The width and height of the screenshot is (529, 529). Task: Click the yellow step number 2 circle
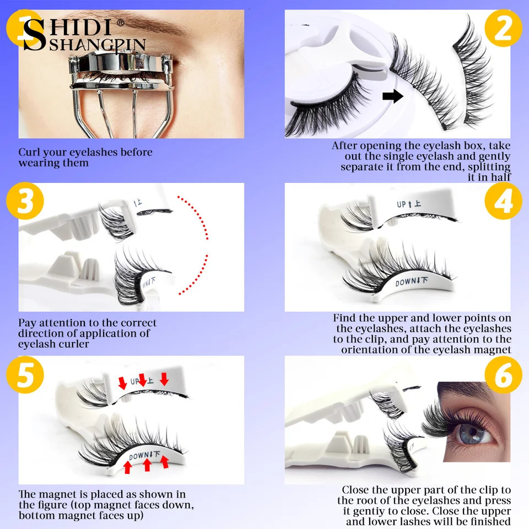(503, 29)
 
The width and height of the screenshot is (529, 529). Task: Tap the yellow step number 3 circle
(25, 202)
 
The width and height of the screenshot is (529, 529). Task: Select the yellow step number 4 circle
(503, 202)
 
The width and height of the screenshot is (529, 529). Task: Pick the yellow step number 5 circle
(25, 375)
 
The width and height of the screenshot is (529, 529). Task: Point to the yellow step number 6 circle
(503, 375)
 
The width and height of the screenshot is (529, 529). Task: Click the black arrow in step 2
(392, 97)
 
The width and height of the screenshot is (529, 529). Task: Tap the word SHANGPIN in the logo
(97, 44)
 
